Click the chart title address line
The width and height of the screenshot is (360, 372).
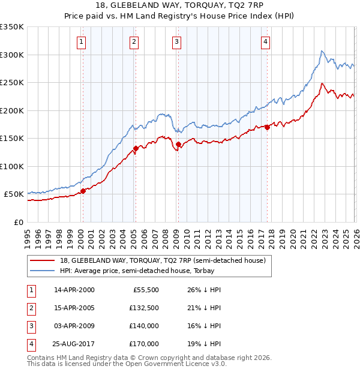(x=180, y=7)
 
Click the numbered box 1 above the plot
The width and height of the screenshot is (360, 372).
(x=81, y=41)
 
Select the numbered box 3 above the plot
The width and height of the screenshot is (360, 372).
(x=177, y=41)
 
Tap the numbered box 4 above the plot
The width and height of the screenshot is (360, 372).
(x=265, y=41)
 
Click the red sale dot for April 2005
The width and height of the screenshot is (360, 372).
(x=136, y=148)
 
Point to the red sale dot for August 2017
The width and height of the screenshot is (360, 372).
(x=267, y=127)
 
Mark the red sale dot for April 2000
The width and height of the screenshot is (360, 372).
(x=83, y=191)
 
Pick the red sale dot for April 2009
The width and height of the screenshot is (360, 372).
(x=178, y=144)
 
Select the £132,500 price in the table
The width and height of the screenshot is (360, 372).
(x=144, y=308)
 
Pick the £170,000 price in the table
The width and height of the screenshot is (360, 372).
(x=144, y=344)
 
